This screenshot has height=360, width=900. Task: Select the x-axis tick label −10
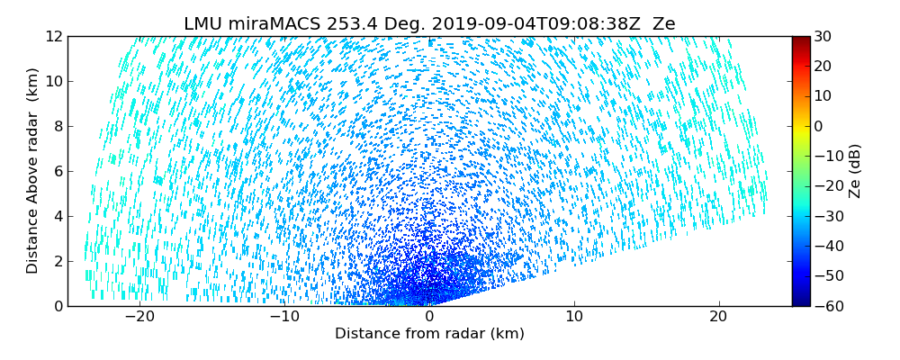(283, 317)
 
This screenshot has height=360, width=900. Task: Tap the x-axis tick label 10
(573, 317)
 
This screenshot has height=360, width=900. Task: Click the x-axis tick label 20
(718, 317)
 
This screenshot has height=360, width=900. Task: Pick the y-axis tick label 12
(53, 37)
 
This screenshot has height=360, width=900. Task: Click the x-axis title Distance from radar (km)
(429, 334)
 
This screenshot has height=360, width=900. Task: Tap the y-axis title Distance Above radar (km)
(33, 171)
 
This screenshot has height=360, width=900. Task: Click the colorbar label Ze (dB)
(854, 171)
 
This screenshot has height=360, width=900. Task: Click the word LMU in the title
(204, 24)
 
